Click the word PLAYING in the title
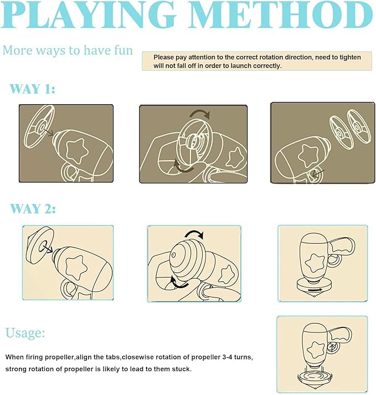89,14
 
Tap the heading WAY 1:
32,89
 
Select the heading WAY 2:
33,209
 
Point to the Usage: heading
25,332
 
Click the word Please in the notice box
164,58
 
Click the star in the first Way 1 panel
77,150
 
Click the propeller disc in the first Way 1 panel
39,126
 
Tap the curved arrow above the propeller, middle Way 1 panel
200,114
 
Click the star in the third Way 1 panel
308,156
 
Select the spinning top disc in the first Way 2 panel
40,245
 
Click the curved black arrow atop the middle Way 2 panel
194,234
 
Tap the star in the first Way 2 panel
76,268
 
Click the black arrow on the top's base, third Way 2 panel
315,290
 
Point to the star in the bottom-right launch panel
317,350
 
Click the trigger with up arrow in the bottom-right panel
332,348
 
